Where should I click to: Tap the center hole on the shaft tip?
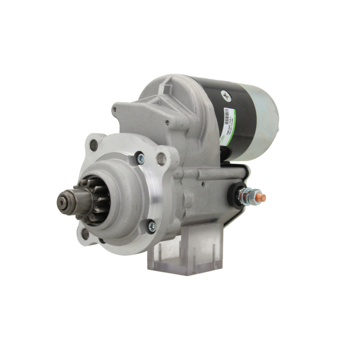[64, 202]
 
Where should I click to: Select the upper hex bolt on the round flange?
[140, 158]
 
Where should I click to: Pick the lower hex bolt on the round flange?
[152, 226]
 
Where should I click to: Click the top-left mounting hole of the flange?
[94, 145]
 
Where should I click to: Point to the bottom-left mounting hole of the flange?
[85, 234]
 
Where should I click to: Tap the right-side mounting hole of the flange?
[162, 159]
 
